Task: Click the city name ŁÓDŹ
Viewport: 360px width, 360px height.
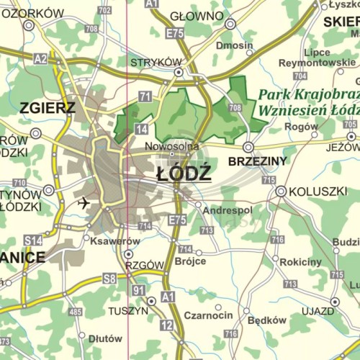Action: pos(184,174)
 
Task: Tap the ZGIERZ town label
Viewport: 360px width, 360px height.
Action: pos(48,109)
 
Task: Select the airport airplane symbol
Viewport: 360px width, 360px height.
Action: pos(84,202)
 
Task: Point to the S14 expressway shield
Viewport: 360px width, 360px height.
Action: pos(32,240)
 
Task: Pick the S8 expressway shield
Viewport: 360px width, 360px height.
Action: pos(109,278)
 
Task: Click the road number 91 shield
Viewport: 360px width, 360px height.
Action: pos(138,290)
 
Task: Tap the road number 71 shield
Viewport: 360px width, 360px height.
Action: pos(145,96)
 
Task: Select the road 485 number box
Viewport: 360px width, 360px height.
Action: pos(75,312)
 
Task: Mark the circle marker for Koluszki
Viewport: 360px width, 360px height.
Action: pos(282,192)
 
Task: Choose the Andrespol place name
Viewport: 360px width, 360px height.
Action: pos(228,211)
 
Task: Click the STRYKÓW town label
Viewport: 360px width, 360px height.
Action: pos(156,63)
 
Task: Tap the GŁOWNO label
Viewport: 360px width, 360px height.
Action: pos(197,17)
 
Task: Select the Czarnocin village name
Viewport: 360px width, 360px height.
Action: pos(208,315)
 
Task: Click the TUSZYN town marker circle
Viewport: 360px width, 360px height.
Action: pos(151,301)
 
